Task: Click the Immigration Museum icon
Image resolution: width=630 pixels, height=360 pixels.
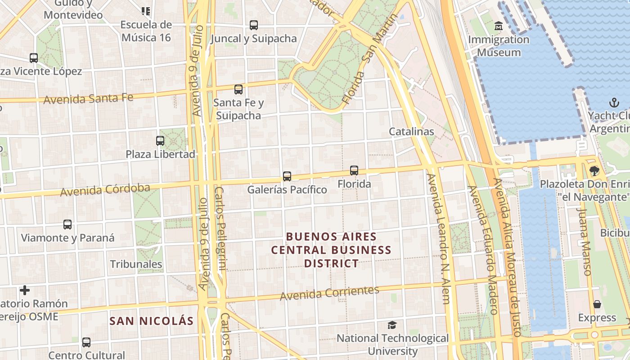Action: click(x=498, y=26)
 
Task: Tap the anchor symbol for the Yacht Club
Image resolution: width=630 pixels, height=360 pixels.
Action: click(x=614, y=103)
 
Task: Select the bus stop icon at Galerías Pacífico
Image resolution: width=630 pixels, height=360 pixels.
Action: click(x=287, y=176)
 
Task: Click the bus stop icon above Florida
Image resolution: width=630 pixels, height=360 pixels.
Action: click(x=354, y=171)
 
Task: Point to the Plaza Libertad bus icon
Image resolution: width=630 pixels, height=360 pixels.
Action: click(x=160, y=141)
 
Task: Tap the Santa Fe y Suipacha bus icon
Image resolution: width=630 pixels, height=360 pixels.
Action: click(x=238, y=90)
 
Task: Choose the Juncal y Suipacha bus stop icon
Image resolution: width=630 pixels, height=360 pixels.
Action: click(x=254, y=25)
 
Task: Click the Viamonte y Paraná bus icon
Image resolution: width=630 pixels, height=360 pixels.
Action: click(x=67, y=225)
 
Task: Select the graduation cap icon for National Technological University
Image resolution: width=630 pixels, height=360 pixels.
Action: click(x=392, y=325)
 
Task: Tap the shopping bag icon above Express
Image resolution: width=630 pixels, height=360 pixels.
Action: click(x=597, y=305)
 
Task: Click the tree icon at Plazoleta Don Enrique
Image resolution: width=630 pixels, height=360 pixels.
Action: click(x=594, y=171)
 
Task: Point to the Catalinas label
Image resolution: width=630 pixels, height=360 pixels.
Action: click(x=411, y=131)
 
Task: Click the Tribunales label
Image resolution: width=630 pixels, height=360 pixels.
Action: click(x=136, y=264)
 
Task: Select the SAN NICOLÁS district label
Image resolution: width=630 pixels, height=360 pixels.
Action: click(x=152, y=321)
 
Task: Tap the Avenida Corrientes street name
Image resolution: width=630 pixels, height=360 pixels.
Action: click(x=329, y=293)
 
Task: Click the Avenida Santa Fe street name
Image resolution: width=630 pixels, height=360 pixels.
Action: click(x=88, y=99)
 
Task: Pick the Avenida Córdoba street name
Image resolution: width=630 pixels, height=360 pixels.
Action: click(x=105, y=190)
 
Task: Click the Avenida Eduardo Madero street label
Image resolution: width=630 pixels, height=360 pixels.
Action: click(x=483, y=250)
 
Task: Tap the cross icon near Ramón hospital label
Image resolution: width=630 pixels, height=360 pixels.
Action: click(x=25, y=290)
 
